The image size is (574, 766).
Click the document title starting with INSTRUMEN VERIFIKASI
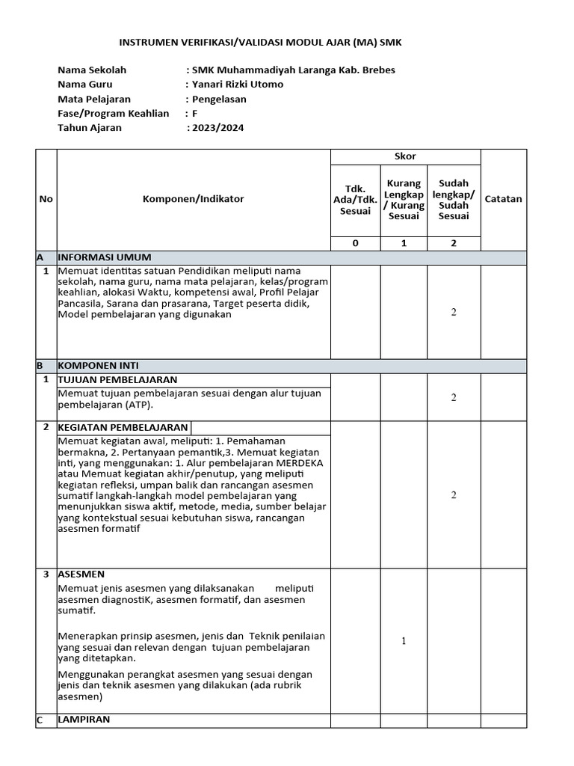click(261, 43)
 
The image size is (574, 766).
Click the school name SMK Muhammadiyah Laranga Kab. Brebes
click(294, 70)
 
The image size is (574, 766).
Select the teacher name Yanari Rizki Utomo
click(238, 85)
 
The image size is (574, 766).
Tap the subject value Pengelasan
click(219, 99)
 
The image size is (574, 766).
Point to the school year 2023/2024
click(217, 128)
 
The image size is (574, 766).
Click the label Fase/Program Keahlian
click(114, 113)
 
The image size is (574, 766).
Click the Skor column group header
click(405, 156)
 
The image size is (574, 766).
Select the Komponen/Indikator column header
click(194, 199)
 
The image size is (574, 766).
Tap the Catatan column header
click(504, 199)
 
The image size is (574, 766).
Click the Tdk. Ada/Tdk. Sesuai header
click(356, 199)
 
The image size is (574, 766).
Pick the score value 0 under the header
click(356, 243)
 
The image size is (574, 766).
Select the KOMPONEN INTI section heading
click(98, 366)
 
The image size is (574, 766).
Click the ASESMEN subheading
click(81, 574)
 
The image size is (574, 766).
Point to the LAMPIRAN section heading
click(84, 719)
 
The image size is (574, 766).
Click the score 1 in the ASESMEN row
click(404, 641)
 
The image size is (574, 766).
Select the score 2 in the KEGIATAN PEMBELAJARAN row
click(454, 494)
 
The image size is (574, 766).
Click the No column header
click(46, 199)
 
